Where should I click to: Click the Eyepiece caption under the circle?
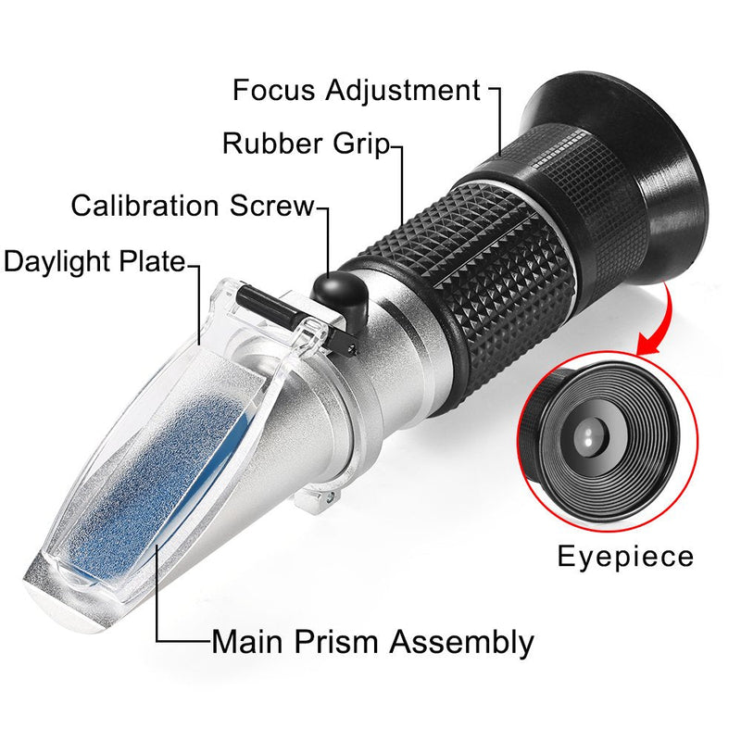625,557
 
